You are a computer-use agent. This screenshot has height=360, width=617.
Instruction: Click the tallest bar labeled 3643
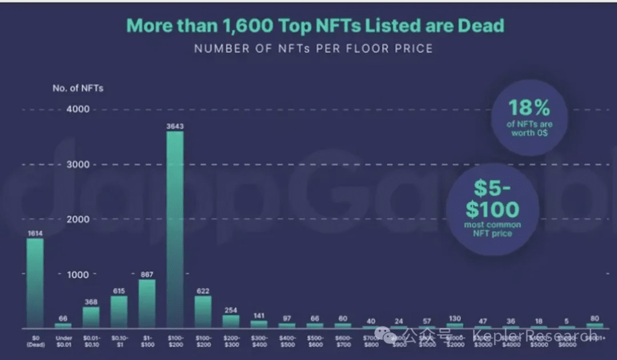tap(175, 229)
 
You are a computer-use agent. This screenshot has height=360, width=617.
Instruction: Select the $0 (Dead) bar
tap(35, 283)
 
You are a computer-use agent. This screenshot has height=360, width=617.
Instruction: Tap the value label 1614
tap(35, 233)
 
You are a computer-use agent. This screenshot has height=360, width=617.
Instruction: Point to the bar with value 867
tap(147, 303)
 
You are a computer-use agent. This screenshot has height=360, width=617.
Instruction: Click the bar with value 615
tap(119, 311)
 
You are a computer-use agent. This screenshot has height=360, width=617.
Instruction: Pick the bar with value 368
tap(91, 317)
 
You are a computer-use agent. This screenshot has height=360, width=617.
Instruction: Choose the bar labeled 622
tap(203, 311)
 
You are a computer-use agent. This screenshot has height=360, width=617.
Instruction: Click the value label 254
tap(231, 310)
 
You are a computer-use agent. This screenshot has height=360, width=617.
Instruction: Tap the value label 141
tap(259, 315)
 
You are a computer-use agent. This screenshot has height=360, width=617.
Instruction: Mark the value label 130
tap(455, 318)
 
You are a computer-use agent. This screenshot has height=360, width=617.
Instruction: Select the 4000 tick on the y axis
tap(79, 109)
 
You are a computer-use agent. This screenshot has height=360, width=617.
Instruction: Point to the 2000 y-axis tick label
tap(79, 219)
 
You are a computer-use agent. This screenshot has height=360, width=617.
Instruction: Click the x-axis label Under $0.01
tap(63, 341)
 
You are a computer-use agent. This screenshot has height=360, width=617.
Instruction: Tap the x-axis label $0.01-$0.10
tap(91, 341)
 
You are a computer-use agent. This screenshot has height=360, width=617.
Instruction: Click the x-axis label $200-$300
tap(231, 341)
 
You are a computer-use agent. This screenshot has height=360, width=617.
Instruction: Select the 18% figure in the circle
tap(529, 107)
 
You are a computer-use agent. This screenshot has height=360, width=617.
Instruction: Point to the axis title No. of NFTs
tap(78, 88)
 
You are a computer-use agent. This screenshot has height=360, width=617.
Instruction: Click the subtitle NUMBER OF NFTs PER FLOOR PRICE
tap(313, 49)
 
